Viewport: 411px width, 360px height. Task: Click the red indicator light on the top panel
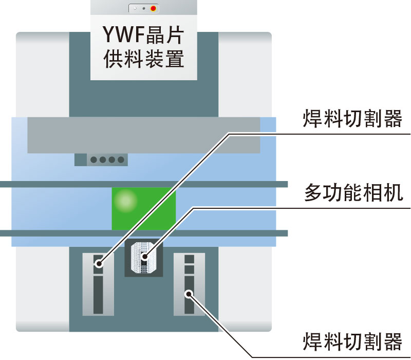tap(153, 8)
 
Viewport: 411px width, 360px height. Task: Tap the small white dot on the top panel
tap(135, 8)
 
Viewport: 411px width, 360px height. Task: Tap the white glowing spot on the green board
tap(124, 200)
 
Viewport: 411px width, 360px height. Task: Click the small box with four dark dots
tap(101, 159)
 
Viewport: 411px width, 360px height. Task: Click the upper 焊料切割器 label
tap(353, 119)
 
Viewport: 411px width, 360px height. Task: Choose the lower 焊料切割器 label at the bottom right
tap(353, 340)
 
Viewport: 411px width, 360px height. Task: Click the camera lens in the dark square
tap(144, 257)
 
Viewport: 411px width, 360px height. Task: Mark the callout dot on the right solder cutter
tap(189, 294)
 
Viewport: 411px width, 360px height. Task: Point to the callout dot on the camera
tap(144, 256)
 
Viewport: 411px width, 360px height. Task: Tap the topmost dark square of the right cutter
tap(189, 258)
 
